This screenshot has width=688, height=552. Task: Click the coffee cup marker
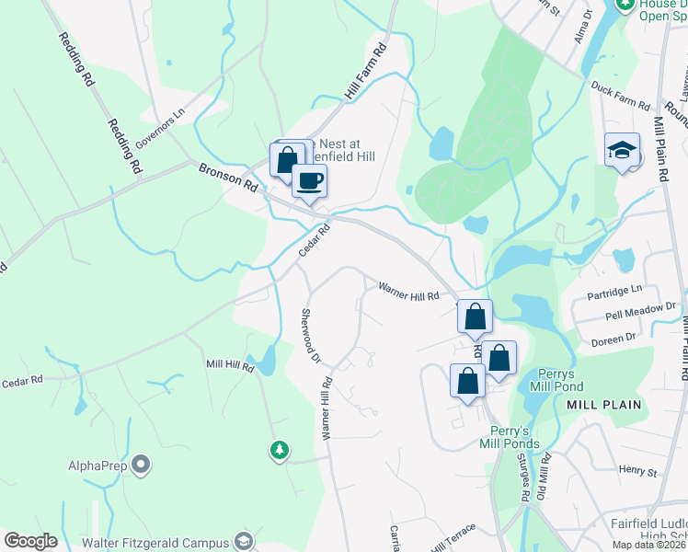coord(309,179)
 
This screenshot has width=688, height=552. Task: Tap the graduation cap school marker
coord(622,150)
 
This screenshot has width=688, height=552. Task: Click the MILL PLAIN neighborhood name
coord(601,404)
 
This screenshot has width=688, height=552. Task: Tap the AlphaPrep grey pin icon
coord(141,466)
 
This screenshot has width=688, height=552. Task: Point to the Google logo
coord(30,541)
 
